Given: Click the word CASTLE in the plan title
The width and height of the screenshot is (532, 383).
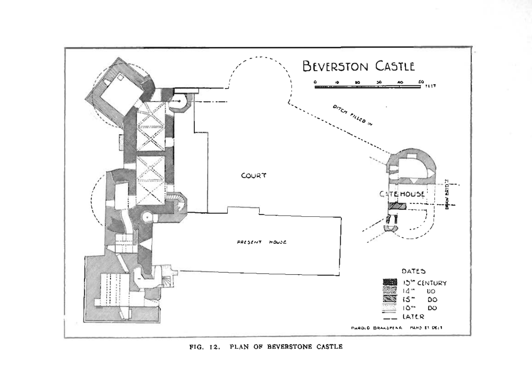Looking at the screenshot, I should pos(395,66).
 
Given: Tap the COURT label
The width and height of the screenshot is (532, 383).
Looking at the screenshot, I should pos(254,176).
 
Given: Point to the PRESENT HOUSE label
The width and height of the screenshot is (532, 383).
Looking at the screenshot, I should pos(261,242).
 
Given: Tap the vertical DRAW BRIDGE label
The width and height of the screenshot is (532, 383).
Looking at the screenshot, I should pos(447,194).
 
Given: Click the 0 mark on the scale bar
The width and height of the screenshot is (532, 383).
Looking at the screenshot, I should pos(315,82).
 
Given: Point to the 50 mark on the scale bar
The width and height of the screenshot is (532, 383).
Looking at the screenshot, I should pos(421,82).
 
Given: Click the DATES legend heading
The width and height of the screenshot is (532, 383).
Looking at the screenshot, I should pos(414,271).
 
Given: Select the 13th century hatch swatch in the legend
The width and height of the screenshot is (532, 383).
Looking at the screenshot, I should pos(390,282).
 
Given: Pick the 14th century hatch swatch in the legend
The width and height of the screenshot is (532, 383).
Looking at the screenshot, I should pos(390,290).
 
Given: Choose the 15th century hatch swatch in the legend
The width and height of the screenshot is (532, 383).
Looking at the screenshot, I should pos(390,299).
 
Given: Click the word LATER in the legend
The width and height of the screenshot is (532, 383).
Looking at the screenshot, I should pos(413,316).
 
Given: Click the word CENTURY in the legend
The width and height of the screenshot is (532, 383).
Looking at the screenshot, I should pos(432,283).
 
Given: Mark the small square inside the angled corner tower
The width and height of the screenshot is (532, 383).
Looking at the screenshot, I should pos(120,77).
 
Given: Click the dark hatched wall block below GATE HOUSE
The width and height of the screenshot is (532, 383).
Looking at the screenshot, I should pos(397,206).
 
